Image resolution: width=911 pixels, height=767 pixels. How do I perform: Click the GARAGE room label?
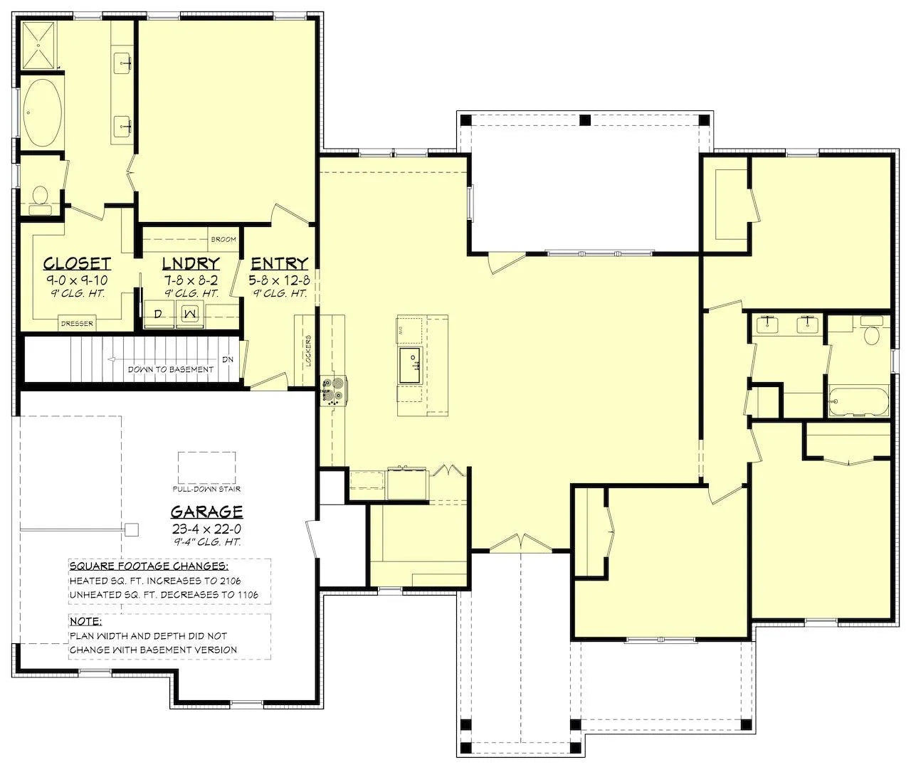click(206, 512)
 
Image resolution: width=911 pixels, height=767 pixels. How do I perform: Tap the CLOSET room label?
click(77, 263)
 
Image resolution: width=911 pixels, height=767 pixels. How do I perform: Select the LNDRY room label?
click(191, 263)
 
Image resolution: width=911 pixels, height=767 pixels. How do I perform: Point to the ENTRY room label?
click(279, 263)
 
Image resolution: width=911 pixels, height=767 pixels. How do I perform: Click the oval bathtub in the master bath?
click(42, 112)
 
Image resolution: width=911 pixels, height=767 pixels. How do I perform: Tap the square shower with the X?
click(39, 46)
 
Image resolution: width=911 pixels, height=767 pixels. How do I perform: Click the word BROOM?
click(223, 239)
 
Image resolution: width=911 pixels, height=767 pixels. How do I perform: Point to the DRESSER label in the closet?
click(78, 323)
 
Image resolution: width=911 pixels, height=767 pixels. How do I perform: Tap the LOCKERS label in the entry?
click(308, 350)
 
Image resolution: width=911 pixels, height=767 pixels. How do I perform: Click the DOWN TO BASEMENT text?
click(171, 369)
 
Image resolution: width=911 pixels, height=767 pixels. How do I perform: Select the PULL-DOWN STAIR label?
click(206, 489)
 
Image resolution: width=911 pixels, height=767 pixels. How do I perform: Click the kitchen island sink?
click(410, 366)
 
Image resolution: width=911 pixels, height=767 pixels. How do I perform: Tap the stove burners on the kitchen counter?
click(334, 390)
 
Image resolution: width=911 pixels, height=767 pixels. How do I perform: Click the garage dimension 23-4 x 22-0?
click(206, 529)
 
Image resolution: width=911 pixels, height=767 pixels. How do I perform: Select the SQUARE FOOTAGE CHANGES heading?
click(149, 566)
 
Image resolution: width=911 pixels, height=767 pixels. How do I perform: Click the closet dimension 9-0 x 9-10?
click(77, 280)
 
